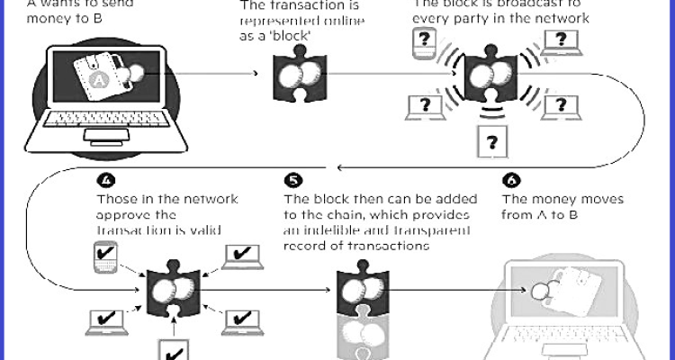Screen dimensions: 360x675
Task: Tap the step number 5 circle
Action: click(289, 179)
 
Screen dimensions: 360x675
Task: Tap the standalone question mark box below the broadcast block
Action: click(491, 141)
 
